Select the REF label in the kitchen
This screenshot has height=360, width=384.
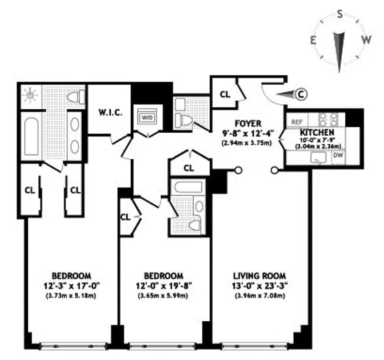pos(297,121)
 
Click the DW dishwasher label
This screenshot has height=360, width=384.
pos(338,156)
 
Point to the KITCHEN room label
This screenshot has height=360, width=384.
pos(317,132)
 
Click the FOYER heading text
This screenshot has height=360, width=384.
pos(246,123)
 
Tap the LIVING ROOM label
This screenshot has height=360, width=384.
pos(259,275)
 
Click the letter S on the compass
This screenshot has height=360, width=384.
pos(340,14)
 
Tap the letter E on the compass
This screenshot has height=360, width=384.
pos(312,40)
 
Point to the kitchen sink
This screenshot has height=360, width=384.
pos(321,158)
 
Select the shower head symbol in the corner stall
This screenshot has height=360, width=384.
pos(31,95)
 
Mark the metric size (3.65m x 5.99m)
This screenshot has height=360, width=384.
pos(163,296)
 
